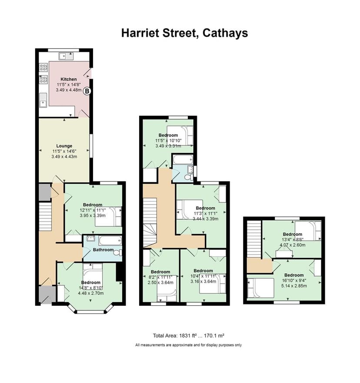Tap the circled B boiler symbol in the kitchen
point(87,91)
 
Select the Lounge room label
point(64,146)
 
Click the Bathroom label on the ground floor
point(103,250)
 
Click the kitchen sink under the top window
point(67,56)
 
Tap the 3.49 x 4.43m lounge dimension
point(64,157)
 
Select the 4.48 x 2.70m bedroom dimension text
point(90,293)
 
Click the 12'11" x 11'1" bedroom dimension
point(90,210)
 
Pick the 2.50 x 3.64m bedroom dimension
point(160,283)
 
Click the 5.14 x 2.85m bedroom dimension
point(293,286)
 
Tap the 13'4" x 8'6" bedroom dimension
point(292,239)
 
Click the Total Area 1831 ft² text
point(188,336)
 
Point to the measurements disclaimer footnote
point(188,345)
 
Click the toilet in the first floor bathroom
point(188,177)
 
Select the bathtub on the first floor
point(182,161)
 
